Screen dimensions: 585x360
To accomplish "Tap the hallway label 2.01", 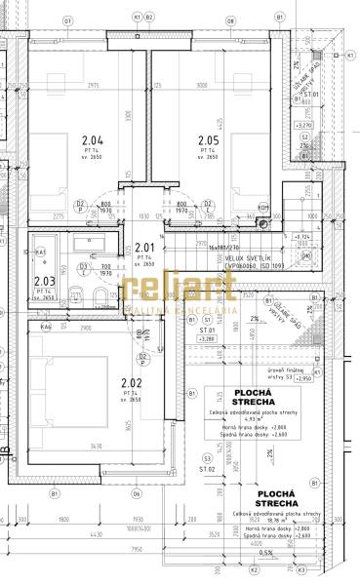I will [145, 248].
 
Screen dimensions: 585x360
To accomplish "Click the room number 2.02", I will [132, 383].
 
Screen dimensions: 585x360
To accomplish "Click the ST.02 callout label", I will [206, 469].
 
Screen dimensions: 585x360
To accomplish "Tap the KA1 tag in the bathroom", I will [40, 253].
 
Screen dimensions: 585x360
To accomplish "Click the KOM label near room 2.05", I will [262, 207].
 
